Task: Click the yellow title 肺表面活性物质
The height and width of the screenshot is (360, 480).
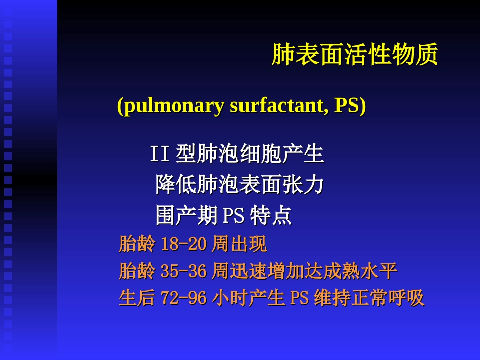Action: click(354, 55)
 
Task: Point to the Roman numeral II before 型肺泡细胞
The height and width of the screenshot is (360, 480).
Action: click(159, 154)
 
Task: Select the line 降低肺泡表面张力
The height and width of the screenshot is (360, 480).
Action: click(239, 185)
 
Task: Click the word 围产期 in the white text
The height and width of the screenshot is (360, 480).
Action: click(187, 216)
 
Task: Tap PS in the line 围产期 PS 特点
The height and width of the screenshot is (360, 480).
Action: click(233, 217)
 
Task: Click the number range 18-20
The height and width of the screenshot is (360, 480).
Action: click(183, 245)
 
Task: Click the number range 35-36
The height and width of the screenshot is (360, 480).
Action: click(183, 271)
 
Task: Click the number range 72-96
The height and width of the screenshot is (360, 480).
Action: click(183, 298)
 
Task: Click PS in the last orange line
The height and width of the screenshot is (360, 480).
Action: click(299, 298)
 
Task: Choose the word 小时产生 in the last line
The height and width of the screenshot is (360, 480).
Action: click(249, 298)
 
